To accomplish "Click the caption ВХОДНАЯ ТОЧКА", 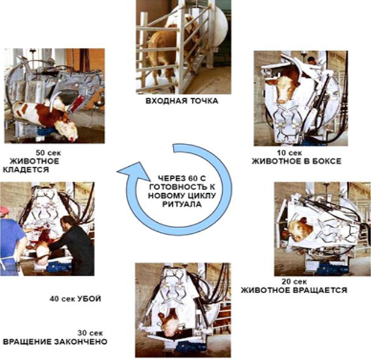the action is (182, 101).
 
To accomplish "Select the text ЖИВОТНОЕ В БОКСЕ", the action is (296, 161).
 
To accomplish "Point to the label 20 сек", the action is (294, 282).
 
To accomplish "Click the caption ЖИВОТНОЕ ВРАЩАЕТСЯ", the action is (294, 290).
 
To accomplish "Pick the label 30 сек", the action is (90, 333).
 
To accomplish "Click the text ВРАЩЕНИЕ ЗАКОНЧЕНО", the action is (55, 342).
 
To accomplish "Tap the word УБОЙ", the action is (89, 299).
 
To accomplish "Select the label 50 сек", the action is (48, 153).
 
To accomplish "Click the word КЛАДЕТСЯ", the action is (25, 170).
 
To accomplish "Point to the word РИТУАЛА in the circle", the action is (182, 204).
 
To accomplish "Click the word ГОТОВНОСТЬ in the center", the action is (182, 187).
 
